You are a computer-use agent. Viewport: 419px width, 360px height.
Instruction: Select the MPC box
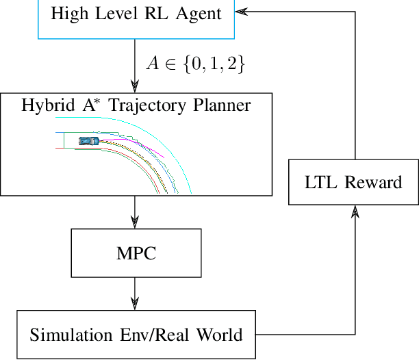(x=136, y=253)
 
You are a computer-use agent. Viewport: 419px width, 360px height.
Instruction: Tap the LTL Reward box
(x=353, y=181)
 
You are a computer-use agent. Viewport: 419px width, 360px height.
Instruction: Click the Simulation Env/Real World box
(x=136, y=335)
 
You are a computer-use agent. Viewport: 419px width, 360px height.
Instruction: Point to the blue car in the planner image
(x=88, y=140)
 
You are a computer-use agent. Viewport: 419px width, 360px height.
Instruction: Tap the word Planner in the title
(x=220, y=105)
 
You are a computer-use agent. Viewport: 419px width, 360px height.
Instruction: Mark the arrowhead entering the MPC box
(x=135, y=222)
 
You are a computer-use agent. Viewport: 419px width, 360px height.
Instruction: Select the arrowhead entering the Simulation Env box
(x=135, y=304)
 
